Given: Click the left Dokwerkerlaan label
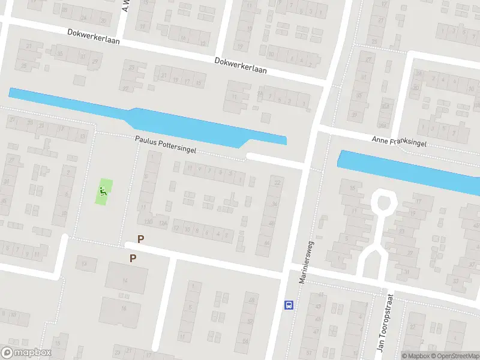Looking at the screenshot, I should pos(95,36).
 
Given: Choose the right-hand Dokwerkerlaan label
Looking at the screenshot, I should pos(241,65).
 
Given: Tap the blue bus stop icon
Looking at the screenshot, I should pos(289,305).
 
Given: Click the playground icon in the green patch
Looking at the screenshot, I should pos(104,192).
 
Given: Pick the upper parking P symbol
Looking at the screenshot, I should pos(141,239).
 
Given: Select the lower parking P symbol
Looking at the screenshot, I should pos(133,259).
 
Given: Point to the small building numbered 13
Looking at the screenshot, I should pos(86,263).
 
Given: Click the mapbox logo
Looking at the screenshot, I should pos(26,353).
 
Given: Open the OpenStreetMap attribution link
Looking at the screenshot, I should pos(454,356).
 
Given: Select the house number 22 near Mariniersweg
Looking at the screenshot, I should pos(276,182).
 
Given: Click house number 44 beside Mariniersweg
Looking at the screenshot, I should pos(267,244).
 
